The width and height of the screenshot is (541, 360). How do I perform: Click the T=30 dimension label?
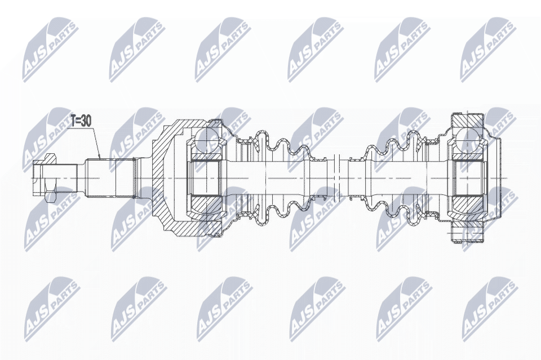81,121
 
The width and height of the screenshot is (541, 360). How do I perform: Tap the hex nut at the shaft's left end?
49,177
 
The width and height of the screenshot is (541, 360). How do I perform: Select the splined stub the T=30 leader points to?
110,178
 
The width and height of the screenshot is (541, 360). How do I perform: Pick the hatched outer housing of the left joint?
165,178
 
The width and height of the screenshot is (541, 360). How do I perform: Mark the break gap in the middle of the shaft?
337,178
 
